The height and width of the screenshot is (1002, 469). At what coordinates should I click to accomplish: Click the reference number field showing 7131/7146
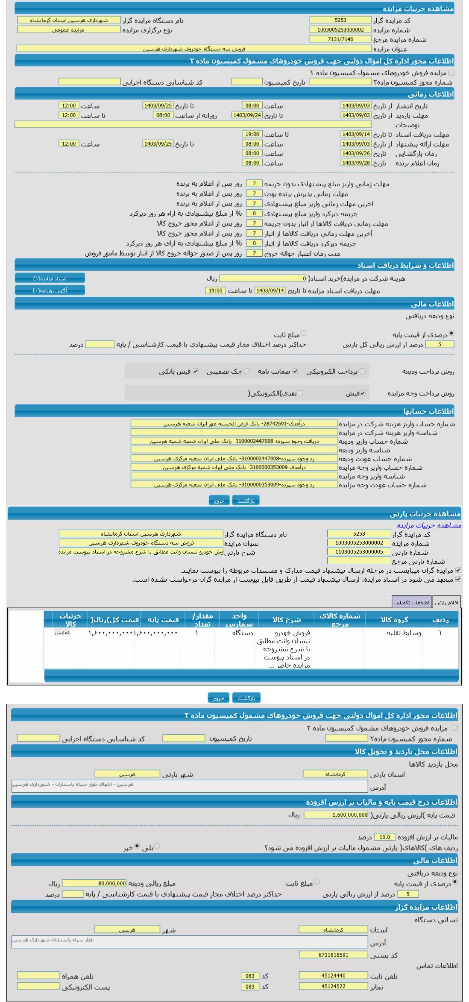pos(340,39)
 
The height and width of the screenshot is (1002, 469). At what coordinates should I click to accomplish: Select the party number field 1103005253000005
pos(359,552)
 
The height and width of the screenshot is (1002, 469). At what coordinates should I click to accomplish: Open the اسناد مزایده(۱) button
pos(50,278)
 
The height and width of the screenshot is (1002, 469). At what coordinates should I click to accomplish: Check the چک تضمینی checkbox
pos(247,372)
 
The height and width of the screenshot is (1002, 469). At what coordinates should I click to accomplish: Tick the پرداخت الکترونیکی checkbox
pos(363,372)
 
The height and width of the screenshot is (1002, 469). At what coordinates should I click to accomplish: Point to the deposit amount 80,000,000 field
pos(94,883)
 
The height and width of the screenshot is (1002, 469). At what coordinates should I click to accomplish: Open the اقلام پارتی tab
pos(446,602)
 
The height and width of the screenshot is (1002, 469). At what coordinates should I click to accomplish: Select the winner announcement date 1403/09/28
pos(356,163)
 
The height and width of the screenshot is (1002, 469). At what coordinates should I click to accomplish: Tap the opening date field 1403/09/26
pos(356,153)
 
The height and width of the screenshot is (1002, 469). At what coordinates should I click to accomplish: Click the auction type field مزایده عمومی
pos(68,29)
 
